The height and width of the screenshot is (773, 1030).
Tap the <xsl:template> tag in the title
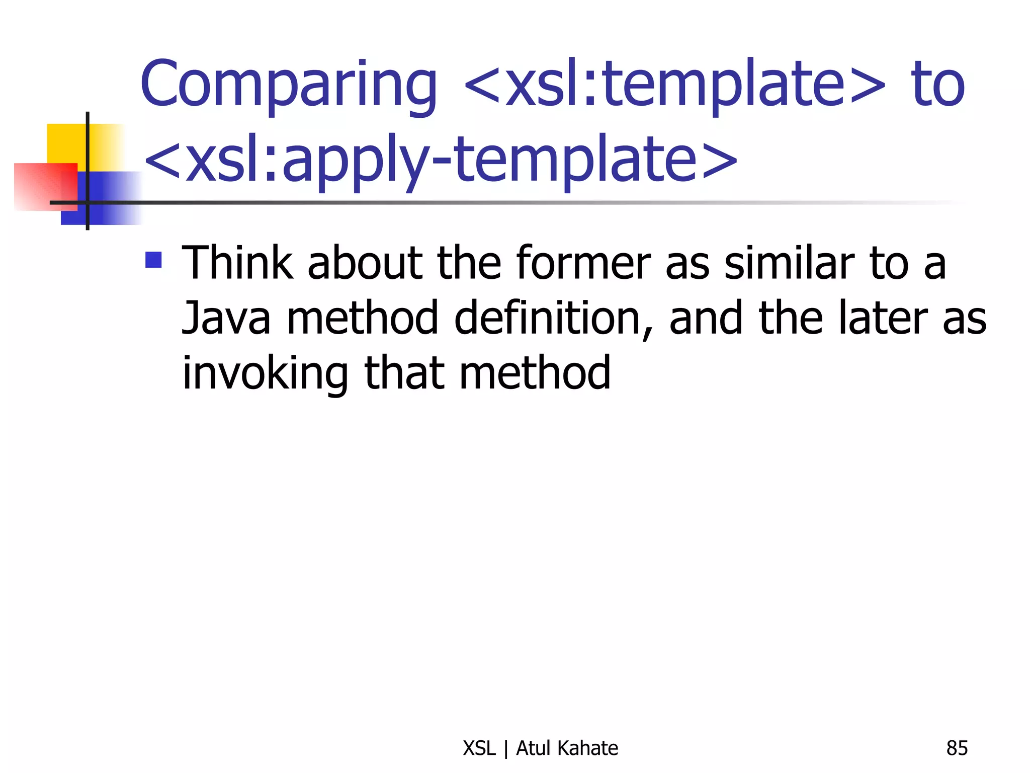tap(674, 85)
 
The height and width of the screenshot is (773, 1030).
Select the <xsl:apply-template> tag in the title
tap(441, 160)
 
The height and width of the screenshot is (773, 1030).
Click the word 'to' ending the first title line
tap(937, 85)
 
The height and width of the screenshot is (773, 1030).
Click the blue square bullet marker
tap(153, 260)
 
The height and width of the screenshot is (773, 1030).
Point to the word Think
tap(237, 263)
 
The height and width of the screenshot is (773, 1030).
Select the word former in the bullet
tap(583, 263)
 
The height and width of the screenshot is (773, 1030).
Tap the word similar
tap(790, 263)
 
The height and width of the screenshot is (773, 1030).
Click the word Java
tap(226, 318)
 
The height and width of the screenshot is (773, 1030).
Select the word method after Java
tap(363, 318)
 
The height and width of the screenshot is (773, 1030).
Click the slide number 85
tap(957, 748)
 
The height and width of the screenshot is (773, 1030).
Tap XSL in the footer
tap(479, 748)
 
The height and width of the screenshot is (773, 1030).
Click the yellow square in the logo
tap(68, 143)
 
